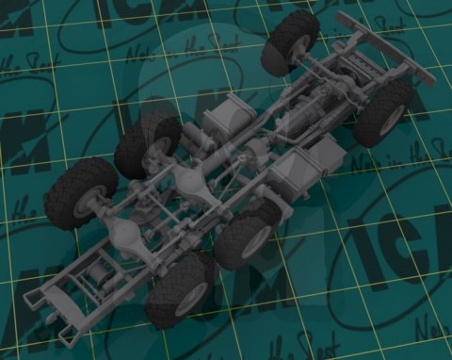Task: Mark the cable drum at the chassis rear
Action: (100, 278)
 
